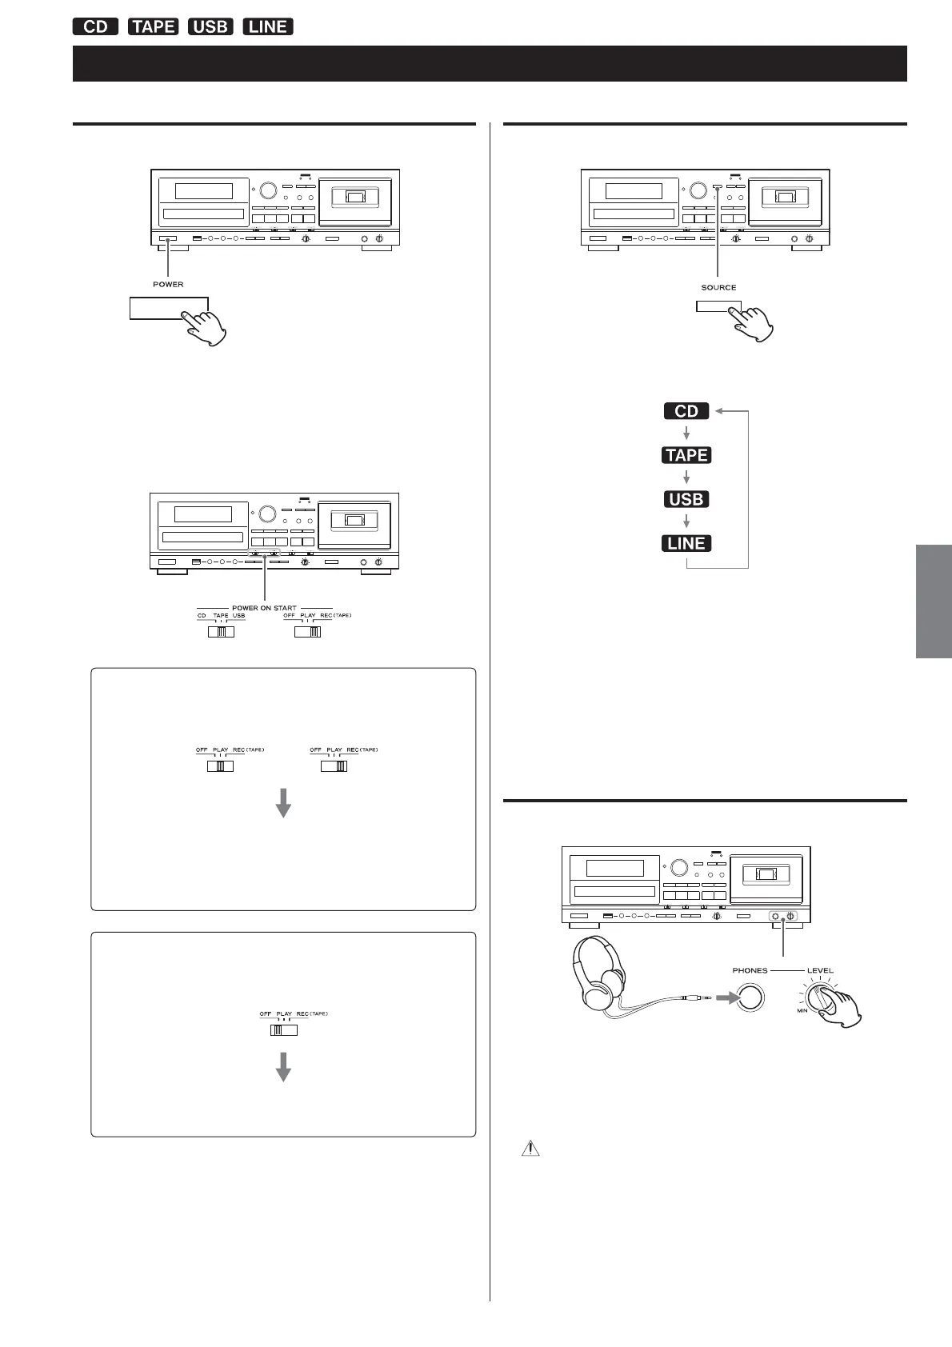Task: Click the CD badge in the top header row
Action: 95,26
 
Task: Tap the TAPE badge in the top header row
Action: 153,26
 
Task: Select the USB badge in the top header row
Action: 210,26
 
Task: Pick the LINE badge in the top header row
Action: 268,26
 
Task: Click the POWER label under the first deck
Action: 168,284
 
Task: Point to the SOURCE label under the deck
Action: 718,287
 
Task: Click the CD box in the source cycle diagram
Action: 686,411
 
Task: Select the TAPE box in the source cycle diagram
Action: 686,455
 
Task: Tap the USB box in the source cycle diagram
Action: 686,499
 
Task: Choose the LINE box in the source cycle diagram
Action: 686,543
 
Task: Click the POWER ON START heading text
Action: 264,608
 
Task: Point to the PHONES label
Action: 750,970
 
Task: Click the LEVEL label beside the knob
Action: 820,970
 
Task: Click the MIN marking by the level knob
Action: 802,1011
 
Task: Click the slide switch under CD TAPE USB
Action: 221,632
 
